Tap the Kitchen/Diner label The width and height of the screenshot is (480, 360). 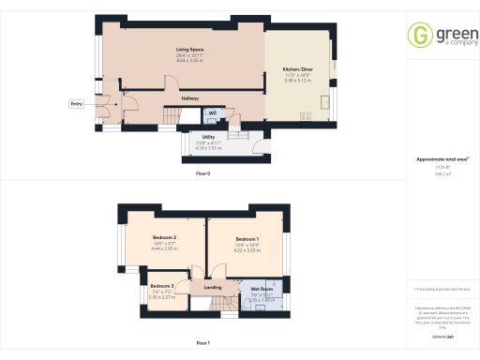tap(299, 70)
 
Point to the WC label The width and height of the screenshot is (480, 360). tap(212, 113)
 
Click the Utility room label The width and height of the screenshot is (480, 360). tap(208, 136)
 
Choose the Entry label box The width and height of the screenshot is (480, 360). tap(76, 104)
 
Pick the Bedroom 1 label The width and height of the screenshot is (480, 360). tap(247, 239)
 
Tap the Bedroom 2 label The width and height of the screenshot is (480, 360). tap(164, 238)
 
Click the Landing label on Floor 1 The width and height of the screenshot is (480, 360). tap(213, 288)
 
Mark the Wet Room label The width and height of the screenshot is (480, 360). tap(262, 290)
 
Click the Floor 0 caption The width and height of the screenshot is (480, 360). tap(202, 174)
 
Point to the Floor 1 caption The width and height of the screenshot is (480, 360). tap(202, 344)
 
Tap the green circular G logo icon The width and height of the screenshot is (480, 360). tap(420, 37)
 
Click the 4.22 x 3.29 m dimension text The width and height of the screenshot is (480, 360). tap(247, 249)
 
